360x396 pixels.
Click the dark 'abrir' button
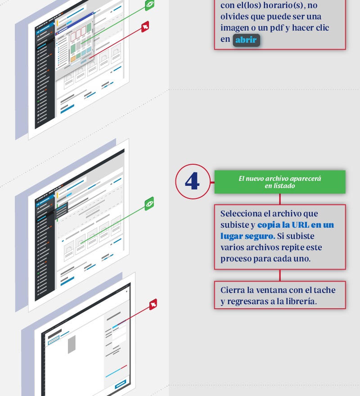(x=246, y=40)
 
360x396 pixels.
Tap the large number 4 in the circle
(x=192, y=181)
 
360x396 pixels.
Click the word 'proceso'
(x=235, y=259)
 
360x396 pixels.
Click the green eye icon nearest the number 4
(x=149, y=203)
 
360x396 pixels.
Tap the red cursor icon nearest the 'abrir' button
(x=145, y=27)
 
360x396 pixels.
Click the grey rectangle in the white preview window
(x=72, y=344)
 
